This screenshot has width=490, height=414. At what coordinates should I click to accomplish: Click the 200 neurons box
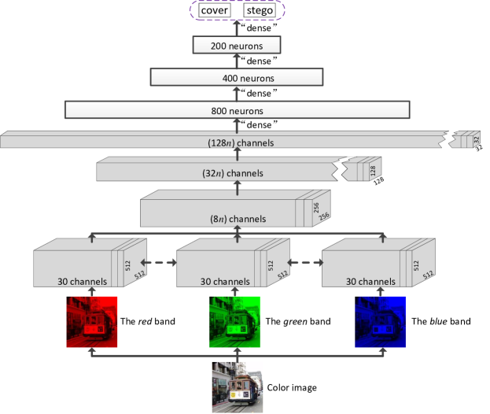(237, 46)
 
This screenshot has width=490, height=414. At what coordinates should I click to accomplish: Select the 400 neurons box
(237, 77)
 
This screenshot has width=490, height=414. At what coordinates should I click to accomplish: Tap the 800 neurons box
(237, 110)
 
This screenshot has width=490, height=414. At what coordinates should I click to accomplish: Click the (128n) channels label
(237, 142)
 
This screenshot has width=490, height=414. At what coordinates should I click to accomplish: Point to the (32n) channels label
(236, 172)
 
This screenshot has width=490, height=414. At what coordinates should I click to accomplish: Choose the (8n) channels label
(237, 219)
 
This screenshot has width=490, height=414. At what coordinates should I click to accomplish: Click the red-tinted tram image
(91, 323)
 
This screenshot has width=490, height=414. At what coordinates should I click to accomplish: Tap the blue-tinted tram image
(381, 323)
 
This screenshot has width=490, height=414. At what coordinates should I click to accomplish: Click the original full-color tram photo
(237, 386)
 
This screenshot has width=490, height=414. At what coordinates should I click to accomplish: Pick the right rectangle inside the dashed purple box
(259, 11)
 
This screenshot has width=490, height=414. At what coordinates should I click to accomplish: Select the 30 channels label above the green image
(224, 280)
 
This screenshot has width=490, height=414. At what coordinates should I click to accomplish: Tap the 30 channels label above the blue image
(370, 280)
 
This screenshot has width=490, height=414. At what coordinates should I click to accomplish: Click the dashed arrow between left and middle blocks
(158, 263)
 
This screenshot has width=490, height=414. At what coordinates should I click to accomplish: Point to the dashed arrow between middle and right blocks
(304, 263)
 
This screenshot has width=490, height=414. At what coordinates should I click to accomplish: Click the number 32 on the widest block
(475, 140)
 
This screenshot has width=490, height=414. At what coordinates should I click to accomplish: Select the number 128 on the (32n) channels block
(372, 170)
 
